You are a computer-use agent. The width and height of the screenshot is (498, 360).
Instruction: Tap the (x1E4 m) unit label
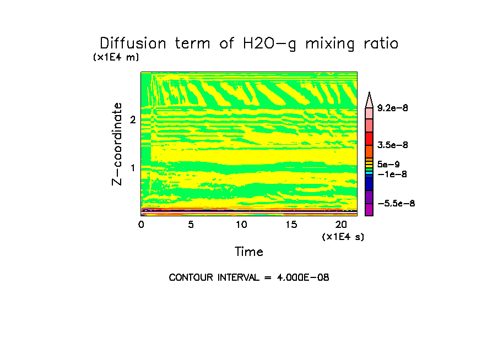point(116,57)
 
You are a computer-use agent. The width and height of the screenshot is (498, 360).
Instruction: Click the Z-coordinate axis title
point(117,144)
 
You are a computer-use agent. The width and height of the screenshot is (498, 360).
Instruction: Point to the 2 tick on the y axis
point(133,120)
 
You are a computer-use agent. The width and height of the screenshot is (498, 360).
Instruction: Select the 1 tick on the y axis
point(133,167)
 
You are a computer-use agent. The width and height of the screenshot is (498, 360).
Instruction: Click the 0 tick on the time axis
point(141,225)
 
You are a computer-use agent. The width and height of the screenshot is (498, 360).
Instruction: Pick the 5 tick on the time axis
point(191,225)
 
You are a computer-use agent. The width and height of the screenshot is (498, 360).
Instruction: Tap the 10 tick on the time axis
point(241,225)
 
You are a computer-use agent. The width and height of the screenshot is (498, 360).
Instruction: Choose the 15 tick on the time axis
point(291,225)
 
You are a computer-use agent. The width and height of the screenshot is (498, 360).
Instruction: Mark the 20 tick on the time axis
point(341,225)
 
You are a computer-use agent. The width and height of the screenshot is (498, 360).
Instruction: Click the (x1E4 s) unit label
point(343,237)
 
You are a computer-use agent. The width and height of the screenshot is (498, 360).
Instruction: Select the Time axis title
point(249,252)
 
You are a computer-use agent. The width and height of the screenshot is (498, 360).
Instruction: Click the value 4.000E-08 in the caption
point(303,277)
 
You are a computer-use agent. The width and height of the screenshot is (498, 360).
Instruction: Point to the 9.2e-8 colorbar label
point(392,108)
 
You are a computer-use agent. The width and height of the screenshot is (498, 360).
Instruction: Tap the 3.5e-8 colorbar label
point(392,145)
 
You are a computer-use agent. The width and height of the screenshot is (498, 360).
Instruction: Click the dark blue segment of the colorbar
point(369,184)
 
